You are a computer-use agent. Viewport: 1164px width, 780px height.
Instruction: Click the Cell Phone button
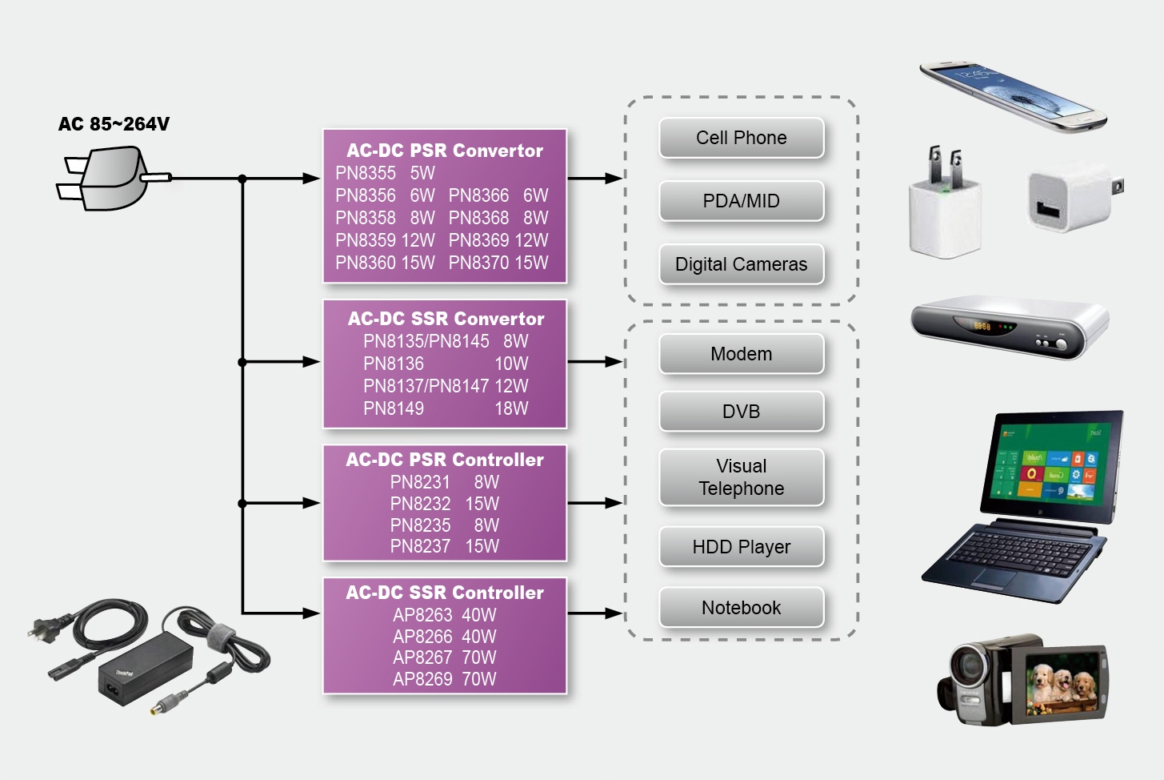[x=741, y=138]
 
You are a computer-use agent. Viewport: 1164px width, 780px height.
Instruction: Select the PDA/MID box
[x=741, y=201]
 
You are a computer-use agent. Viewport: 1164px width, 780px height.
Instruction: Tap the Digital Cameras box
[x=741, y=264]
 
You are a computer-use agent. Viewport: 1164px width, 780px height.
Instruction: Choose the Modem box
[x=741, y=354]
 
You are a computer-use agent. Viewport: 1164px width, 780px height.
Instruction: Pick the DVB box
[x=741, y=412]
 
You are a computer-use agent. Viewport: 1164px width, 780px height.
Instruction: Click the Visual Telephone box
[x=741, y=477]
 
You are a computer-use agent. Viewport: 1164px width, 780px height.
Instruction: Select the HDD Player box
[x=741, y=547]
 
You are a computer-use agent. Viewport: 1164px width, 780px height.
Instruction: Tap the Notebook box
[x=741, y=608]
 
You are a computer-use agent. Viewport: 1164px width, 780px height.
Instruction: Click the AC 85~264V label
[x=114, y=124]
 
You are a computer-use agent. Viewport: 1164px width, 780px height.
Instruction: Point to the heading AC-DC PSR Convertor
[x=445, y=151]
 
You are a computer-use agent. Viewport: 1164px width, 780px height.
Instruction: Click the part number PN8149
[x=394, y=408]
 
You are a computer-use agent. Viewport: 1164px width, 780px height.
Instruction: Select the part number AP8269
[x=422, y=679]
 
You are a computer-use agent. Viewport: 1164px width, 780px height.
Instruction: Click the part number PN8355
[x=366, y=173]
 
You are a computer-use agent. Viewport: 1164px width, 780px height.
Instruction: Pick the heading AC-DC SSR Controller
[x=445, y=593]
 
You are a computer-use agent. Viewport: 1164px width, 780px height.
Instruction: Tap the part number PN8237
[x=420, y=546]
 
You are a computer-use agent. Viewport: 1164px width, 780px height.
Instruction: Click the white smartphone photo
[x=1012, y=95]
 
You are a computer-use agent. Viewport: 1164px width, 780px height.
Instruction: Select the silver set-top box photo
[x=1009, y=328]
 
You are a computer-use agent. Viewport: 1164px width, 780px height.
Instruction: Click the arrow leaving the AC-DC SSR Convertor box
[x=595, y=362]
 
